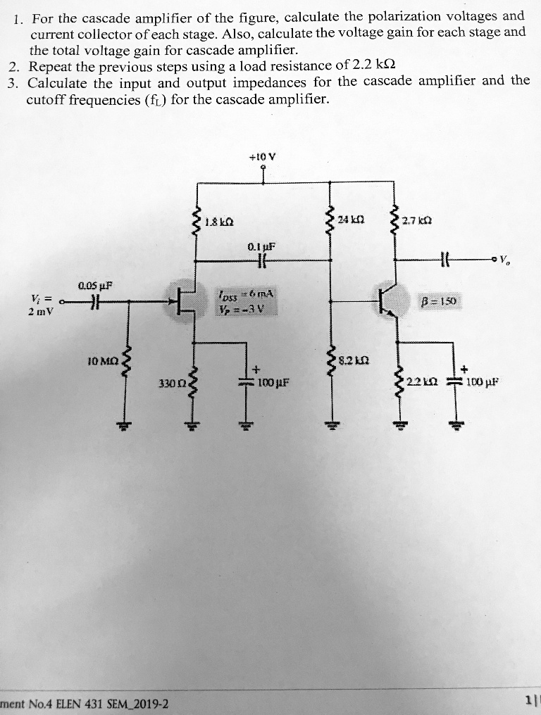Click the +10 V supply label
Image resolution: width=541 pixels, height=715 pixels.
click(262, 158)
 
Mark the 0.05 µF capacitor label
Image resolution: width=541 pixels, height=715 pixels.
click(97, 286)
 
